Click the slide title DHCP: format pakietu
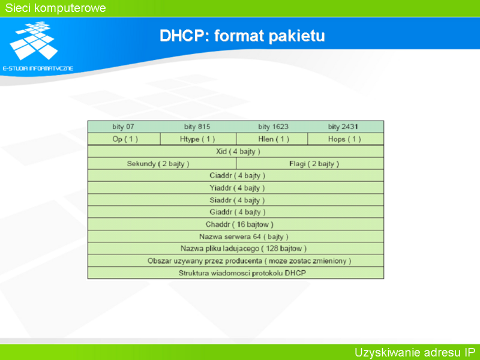242,36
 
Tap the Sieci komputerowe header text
55,8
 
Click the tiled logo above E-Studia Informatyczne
34,40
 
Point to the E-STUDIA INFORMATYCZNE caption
38,68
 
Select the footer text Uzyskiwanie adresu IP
415,352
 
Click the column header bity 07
123,127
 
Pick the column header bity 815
197,127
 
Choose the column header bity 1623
273,127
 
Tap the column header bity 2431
343,127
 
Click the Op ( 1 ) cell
124,139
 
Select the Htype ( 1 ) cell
198,139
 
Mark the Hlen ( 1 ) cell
272,139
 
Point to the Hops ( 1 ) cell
346,139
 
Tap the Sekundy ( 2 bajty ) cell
162,163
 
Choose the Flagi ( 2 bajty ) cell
310,163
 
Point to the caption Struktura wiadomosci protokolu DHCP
242,273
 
